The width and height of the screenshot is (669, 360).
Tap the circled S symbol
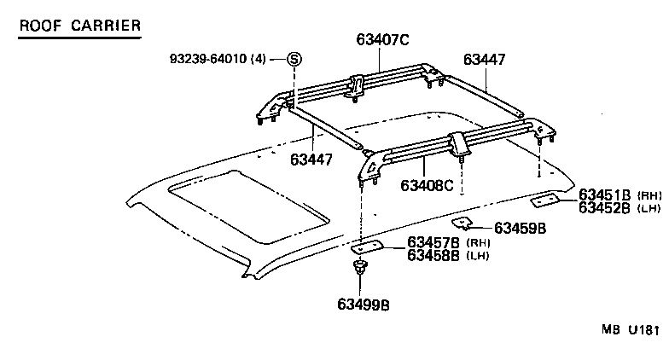[x=294, y=59]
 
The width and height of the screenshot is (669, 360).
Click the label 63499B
[x=364, y=303]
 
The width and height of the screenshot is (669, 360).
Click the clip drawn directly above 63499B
[x=361, y=271]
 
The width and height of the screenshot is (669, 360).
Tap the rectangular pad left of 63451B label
[x=543, y=201]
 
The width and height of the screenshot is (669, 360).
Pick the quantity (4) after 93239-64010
[x=259, y=59]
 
